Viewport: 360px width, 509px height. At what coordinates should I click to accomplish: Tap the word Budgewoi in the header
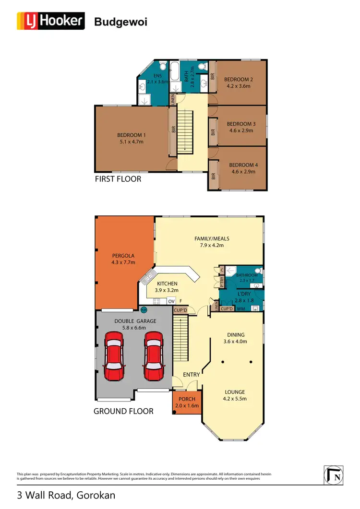[x=120, y=22]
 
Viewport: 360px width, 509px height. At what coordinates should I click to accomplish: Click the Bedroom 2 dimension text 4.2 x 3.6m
[x=239, y=86]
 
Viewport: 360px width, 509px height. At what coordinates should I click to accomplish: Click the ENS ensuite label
[x=157, y=76]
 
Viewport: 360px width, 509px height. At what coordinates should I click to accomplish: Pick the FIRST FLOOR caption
[x=118, y=179]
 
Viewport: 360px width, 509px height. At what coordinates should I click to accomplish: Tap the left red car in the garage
[x=115, y=355]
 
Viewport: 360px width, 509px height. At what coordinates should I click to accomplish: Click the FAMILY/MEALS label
[x=212, y=238]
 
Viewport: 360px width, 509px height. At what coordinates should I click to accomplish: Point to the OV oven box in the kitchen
[x=171, y=301]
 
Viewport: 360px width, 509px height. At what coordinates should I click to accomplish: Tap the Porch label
[x=187, y=399]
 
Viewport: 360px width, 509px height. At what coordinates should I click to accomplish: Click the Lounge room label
[x=235, y=392]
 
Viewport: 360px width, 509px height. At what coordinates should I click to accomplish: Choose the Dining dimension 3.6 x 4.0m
[x=236, y=342]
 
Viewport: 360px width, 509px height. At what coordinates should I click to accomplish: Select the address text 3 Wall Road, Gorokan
[x=66, y=495]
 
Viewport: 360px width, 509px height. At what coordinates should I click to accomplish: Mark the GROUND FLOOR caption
[x=123, y=411]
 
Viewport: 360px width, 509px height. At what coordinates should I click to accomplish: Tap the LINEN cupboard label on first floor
[x=172, y=99]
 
